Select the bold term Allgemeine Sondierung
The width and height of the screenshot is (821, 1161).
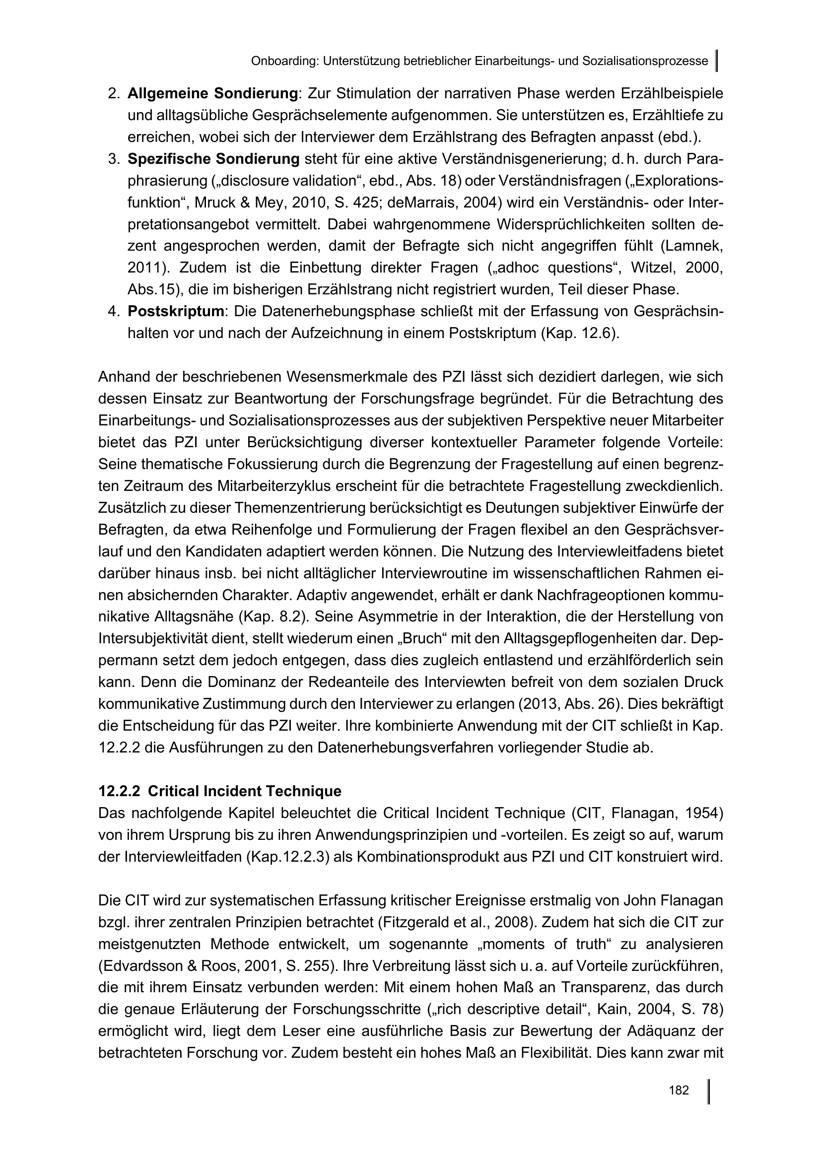click(212, 93)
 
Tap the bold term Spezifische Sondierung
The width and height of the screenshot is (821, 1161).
click(213, 159)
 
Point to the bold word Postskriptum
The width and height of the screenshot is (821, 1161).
click(176, 311)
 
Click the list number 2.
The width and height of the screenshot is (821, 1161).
click(114, 93)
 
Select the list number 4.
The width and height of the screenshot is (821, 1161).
click(114, 311)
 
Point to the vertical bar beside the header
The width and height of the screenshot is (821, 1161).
click(717, 60)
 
